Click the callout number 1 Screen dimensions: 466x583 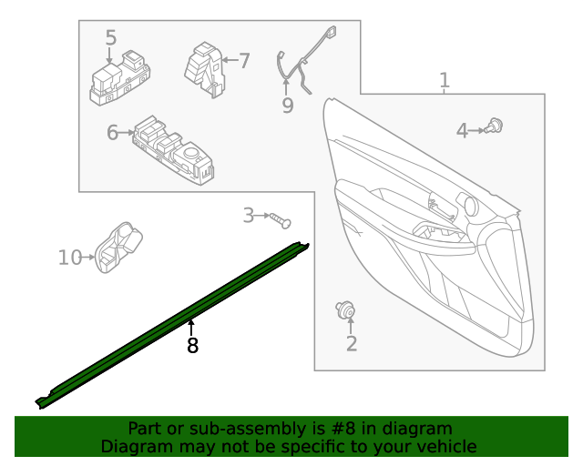445,82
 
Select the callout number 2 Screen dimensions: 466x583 352,343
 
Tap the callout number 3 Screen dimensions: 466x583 248,216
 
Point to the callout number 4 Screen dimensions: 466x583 463,131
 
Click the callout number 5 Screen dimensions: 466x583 111,38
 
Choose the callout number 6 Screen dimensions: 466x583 113,133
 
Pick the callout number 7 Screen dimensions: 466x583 243,61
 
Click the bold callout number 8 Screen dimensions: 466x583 192,346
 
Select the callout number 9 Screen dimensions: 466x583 288,106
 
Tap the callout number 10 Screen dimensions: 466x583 70,258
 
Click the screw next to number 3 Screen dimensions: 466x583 279,219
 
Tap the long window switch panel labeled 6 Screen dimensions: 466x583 173,151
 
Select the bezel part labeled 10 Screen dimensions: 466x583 118,247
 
